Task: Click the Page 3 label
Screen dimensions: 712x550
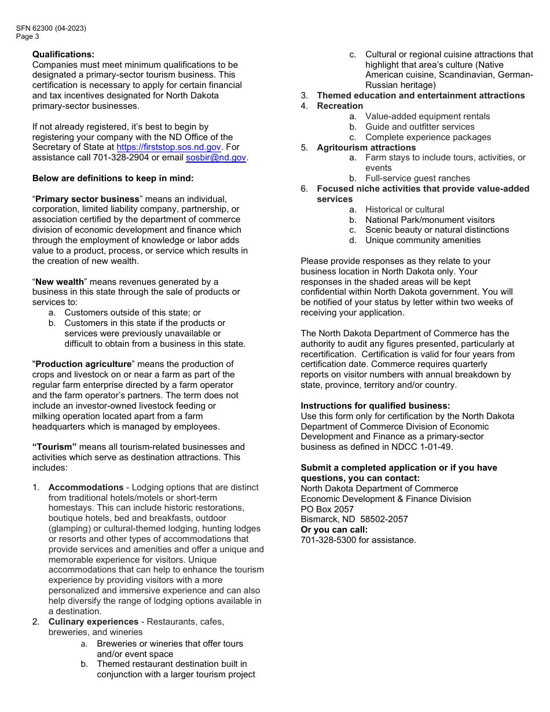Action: [x=28, y=36]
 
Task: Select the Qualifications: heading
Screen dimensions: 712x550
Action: [x=63, y=54]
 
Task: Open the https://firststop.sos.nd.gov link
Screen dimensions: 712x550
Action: [x=168, y=148]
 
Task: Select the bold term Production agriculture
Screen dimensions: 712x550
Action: [x=83, y=364]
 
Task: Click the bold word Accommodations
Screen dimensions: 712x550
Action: [x=86, y=487]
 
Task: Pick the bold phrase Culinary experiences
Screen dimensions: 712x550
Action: [x=93, y=622]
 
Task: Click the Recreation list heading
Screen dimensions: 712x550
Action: [x=340, y=106]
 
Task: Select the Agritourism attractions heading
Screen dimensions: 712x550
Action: [x=366, y=148]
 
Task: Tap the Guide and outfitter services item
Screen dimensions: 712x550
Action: [x=420, y=127]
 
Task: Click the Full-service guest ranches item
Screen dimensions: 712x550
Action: [x=417, y=178]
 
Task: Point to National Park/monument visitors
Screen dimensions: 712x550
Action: [x=430, y=220]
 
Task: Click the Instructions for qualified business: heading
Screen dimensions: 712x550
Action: [x=375, y=406]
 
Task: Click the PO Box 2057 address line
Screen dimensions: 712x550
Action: [x=327, y=509]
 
